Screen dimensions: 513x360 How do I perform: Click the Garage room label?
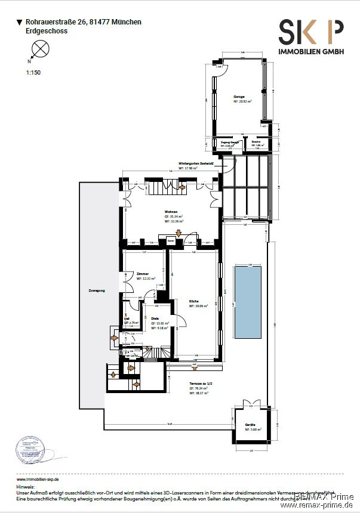(239, 95)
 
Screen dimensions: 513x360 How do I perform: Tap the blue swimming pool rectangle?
(247, 295)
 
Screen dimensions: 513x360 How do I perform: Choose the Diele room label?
(155, 319)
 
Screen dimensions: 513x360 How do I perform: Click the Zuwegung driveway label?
(96, 291)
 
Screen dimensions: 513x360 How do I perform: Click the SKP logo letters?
(310, 31)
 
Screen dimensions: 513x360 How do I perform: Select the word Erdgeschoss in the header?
(47, 31)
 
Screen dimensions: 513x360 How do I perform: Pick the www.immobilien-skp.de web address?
(38, 479)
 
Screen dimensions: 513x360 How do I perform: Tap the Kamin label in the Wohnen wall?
(171, 240)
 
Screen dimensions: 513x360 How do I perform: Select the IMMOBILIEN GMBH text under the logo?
(311, 52)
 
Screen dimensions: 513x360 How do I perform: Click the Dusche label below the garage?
(256, 142)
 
